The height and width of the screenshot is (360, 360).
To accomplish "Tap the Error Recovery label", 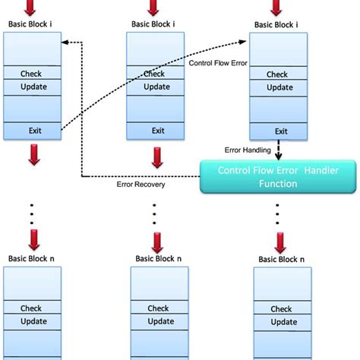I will (x=140, y=184).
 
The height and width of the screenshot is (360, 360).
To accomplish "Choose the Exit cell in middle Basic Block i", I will (x=157, y=130).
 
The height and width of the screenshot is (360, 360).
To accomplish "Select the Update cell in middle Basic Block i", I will (x=157, y=87).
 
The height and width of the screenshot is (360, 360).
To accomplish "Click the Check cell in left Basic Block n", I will (x=31, y=308).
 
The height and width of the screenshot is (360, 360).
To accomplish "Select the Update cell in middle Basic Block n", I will (x=157, y=321).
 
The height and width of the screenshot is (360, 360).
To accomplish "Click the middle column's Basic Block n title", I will (x=157, y=258).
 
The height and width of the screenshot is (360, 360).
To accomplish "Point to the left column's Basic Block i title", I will (x=31, y=23).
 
